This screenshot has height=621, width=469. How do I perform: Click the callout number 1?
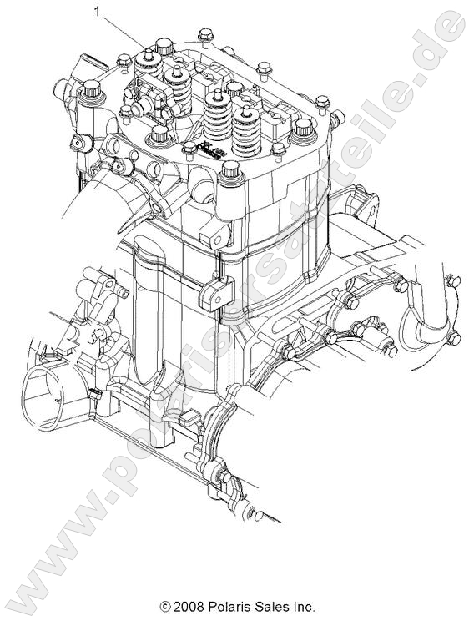(x=98, y=12)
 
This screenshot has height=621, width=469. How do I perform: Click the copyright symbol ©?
(x=165, y=607)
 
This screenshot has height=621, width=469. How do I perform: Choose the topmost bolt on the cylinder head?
(x=204, y=36)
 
